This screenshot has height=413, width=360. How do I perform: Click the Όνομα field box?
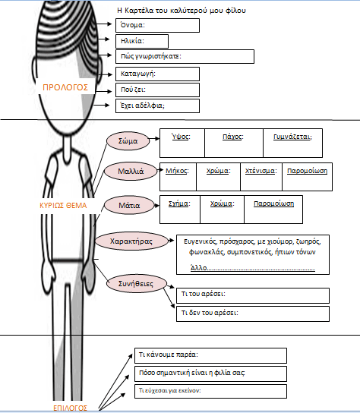(x=157, y=26)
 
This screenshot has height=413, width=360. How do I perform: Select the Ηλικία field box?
(x=142, y=41)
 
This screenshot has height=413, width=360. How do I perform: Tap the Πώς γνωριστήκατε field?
(x=185, y=57)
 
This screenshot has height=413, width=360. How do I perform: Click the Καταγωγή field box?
(x=157, y=74)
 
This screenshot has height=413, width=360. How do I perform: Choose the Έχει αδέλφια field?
(x=157, y=106)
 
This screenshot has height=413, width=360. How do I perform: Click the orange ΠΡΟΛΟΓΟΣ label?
(x=65, y=87)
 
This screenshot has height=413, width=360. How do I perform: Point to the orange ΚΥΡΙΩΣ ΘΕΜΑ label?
(x=63, y=206)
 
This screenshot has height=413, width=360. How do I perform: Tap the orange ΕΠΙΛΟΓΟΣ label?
(x=70, y=408)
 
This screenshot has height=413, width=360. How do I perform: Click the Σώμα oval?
(x=128, y=141)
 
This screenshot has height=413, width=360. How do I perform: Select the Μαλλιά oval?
(x=131, y=172)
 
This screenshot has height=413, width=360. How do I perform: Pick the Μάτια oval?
(x=129, y=206)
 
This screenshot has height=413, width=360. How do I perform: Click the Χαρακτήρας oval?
(x=131, y=241)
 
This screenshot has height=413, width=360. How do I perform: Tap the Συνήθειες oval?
(x=137, y=284)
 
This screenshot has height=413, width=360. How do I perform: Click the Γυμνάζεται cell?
(x=292, y=143)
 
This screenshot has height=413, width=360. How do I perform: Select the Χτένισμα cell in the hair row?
(x=261, y=177)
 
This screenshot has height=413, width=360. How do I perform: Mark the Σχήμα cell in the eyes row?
(x=180, y=210)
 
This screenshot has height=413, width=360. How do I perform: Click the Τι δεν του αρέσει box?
(x=253, y=314)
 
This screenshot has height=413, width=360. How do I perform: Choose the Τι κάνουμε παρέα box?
(x=210, y=355)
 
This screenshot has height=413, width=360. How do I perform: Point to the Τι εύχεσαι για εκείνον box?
(x=210, y=392)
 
